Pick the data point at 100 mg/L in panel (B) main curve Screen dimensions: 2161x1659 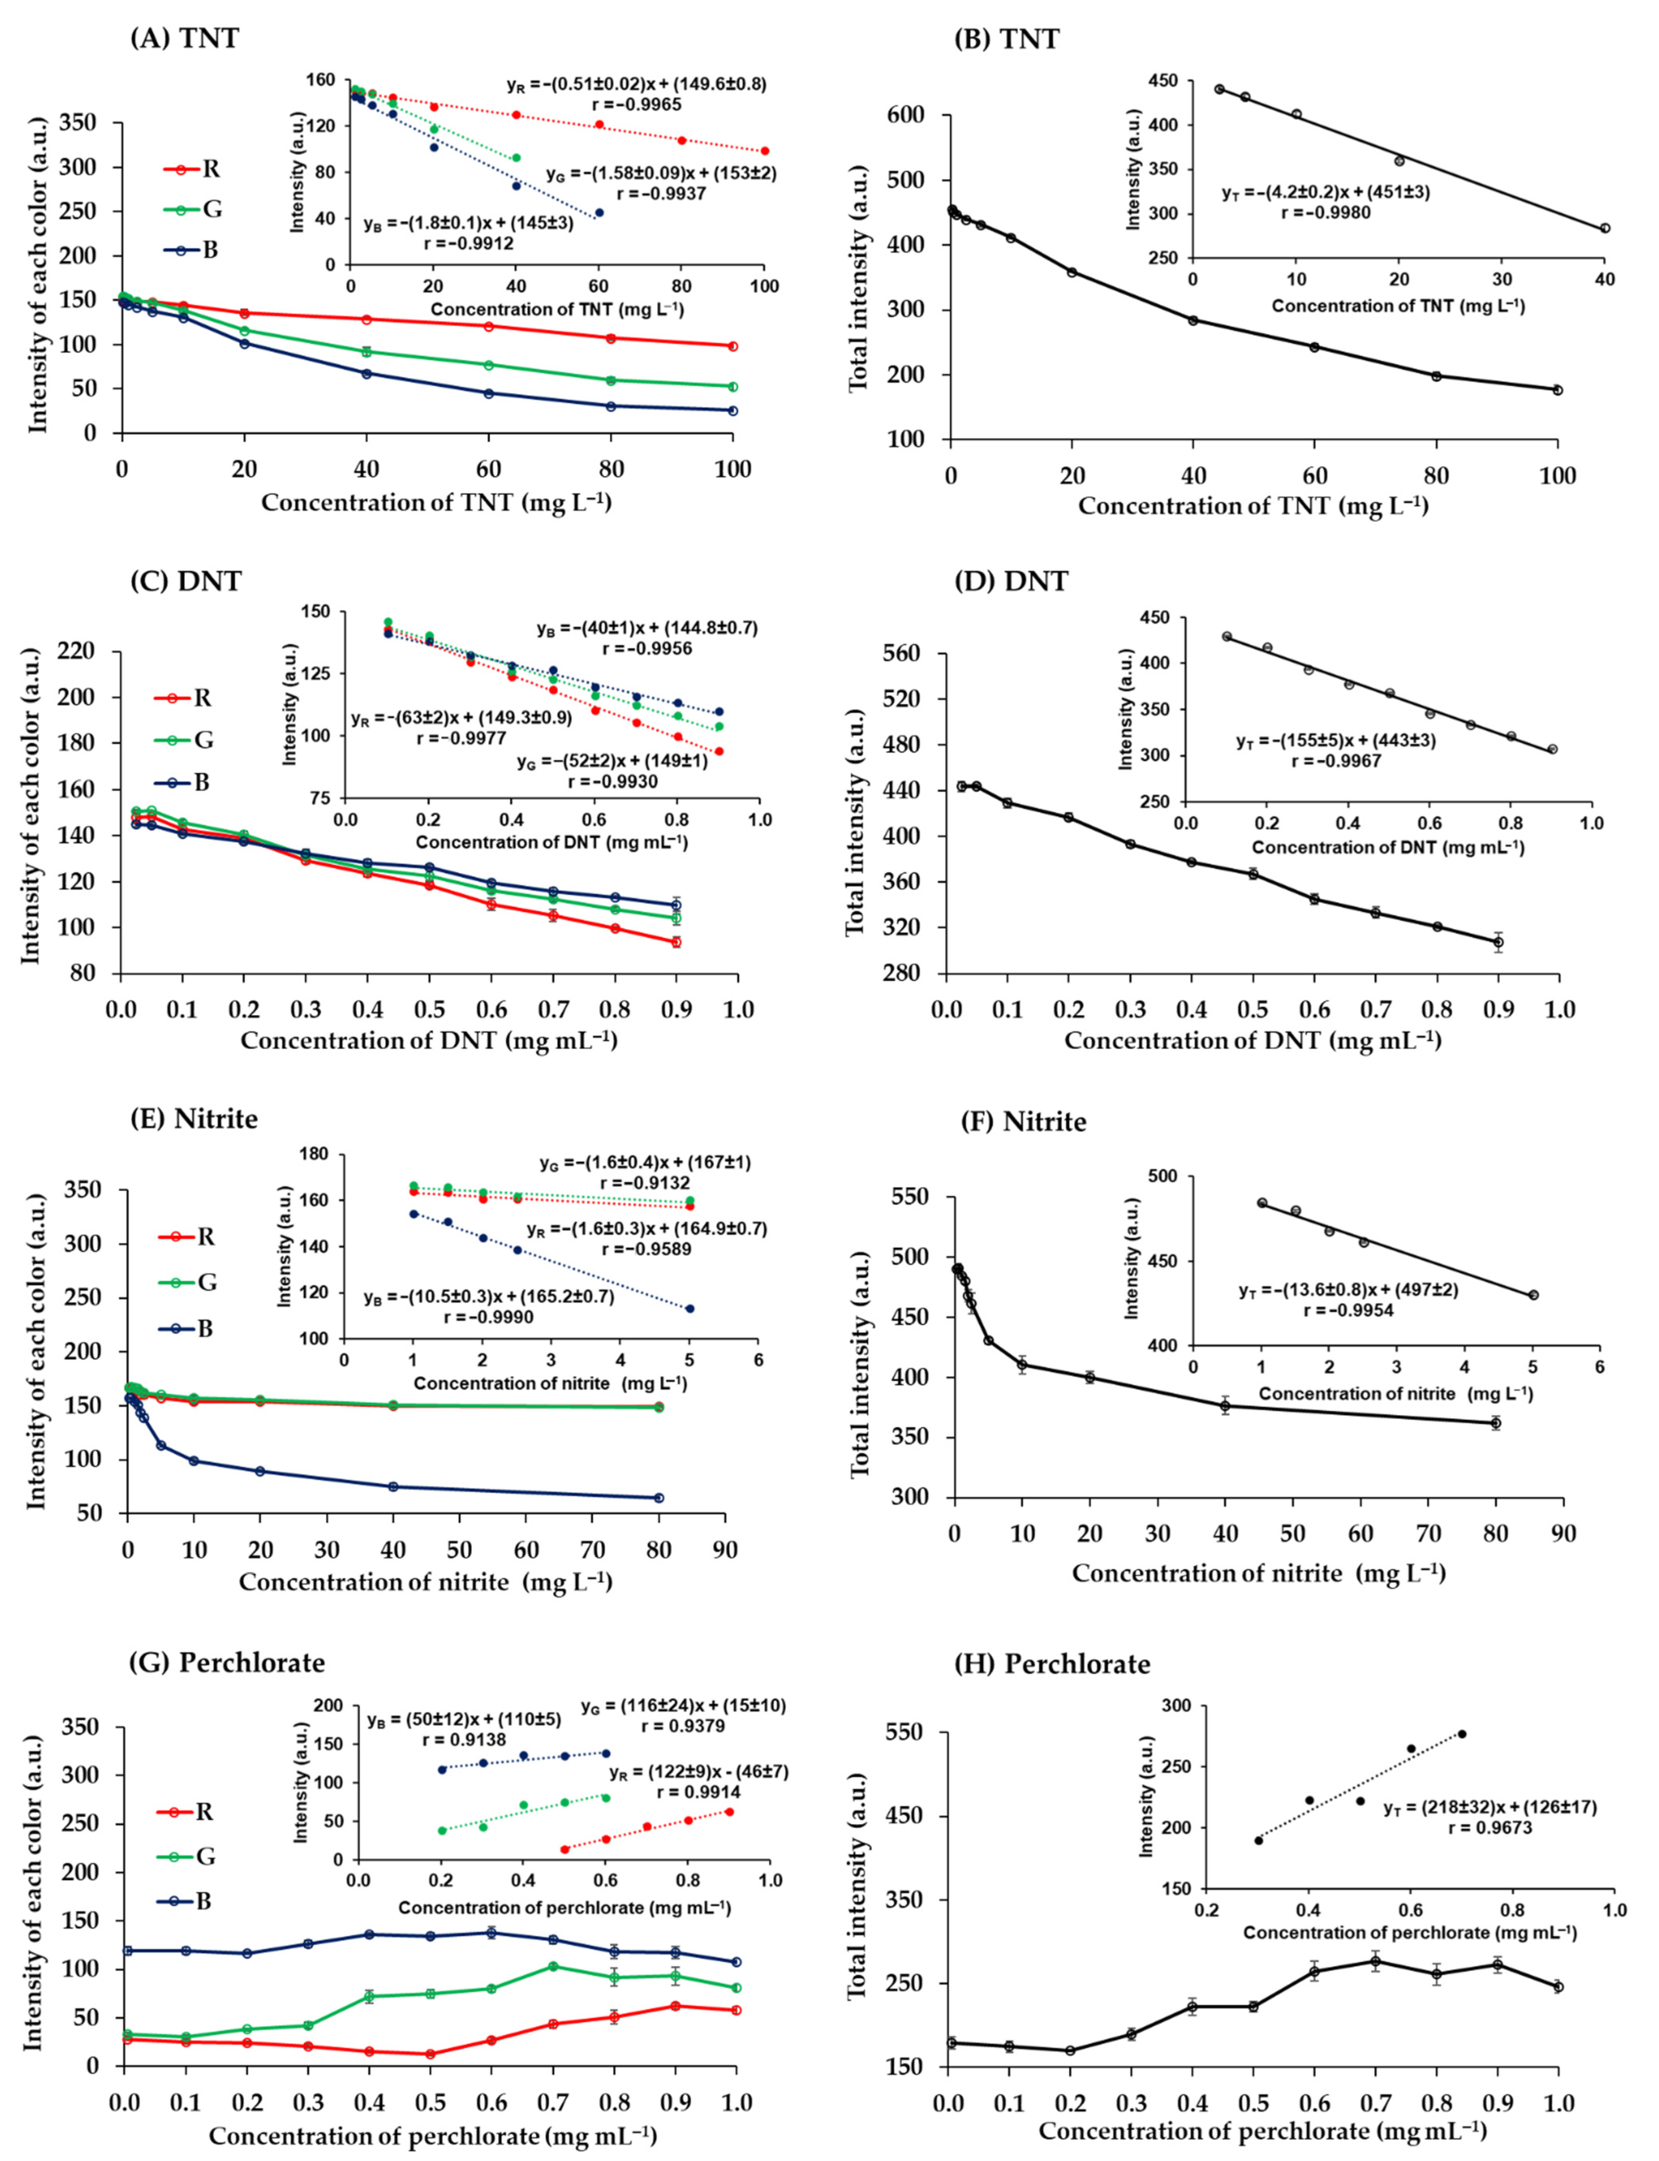(1557, 390)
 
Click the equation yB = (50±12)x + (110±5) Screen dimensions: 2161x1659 (464, 1720)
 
